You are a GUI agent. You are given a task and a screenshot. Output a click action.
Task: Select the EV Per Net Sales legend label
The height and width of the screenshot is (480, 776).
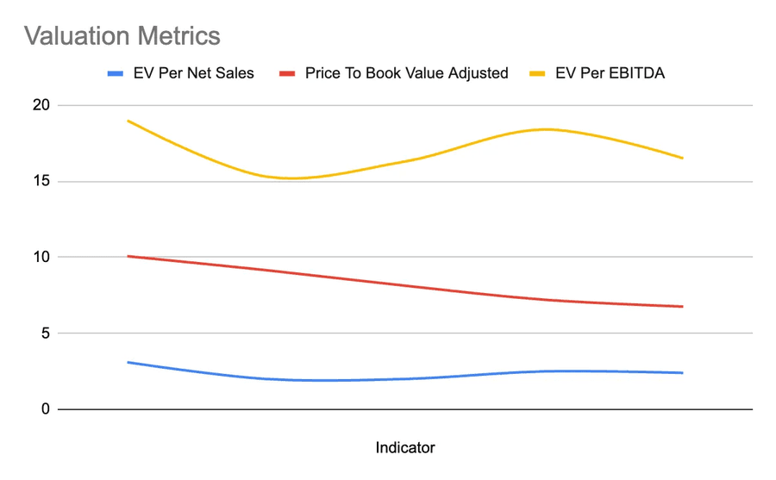coord(193,73)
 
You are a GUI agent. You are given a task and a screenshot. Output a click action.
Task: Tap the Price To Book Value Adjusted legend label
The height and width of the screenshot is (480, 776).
coord(406,73)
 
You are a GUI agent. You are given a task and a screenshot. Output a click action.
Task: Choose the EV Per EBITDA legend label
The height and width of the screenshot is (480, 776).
coord(610,73)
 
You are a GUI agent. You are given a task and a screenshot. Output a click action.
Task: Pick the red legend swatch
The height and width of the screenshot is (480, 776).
coord(288,73)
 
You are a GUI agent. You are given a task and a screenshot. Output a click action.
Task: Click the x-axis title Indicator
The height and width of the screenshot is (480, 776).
coord(405,447)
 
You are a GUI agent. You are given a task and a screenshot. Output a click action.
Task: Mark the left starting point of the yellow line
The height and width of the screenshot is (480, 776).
coord(128,121)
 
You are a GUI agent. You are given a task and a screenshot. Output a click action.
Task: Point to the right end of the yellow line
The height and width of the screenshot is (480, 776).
coord(682,158)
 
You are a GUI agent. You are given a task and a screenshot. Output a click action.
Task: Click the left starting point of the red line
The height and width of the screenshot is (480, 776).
coord(128,256)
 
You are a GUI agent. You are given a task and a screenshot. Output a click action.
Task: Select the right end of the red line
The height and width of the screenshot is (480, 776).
coord(682,306)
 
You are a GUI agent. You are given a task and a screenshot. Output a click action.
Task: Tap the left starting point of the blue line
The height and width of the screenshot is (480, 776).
coord(128,362)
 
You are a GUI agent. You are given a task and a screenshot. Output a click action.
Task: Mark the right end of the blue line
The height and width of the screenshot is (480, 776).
coord(682,372)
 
